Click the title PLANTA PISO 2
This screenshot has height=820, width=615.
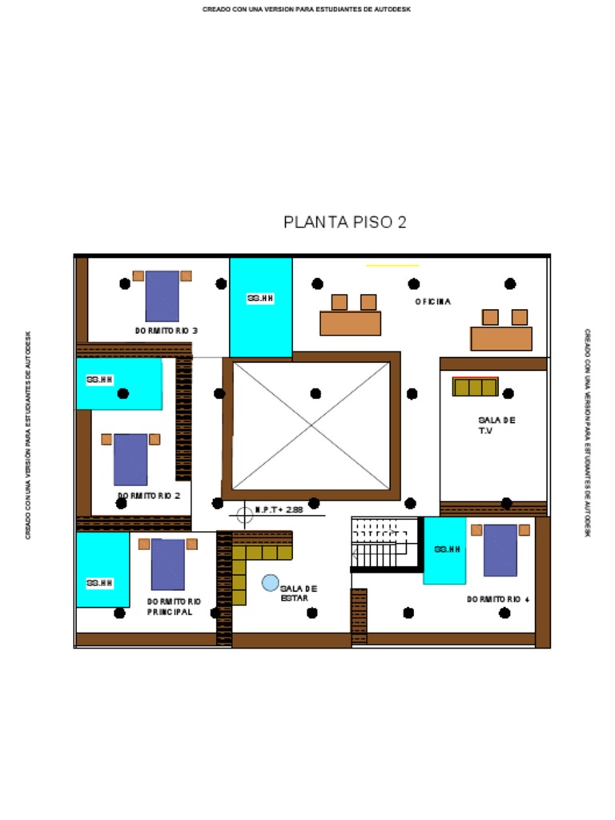[345, 223]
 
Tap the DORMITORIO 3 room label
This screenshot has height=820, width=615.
[166, 331]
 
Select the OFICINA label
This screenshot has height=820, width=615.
[433, 302]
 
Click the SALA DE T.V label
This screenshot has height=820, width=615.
[496, 425]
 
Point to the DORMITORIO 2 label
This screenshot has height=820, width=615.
[149, 496]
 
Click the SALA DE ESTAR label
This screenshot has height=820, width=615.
[299, 593]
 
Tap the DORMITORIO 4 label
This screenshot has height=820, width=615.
[498, 599]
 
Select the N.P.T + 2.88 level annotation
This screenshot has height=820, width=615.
[279, 509]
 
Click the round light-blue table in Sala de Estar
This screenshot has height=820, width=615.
[271, 583]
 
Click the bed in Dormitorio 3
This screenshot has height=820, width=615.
[162, 295]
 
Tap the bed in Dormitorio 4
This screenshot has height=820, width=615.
[500, 549]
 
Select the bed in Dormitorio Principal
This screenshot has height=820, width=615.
[168, 564]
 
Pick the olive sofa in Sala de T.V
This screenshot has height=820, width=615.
[475, 387]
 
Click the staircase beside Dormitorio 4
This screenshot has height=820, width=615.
[384, 544]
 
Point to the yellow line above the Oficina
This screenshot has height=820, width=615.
[392, 265]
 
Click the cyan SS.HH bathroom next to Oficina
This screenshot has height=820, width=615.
[261, 307]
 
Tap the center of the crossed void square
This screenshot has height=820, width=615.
[312, 426]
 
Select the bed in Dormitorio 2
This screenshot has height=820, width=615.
[131, 459]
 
